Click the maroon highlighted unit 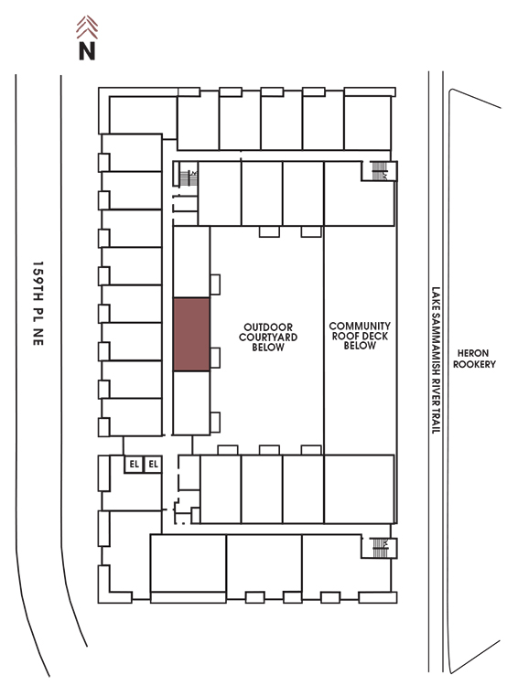tap(191, 335)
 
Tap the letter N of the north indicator tap(87, 50)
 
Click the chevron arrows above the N tap(87, 27)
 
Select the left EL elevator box tap(134, 464)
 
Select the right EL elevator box tap(153, 464)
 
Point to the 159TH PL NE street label tap(38, 304)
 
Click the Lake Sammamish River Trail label tap(436, 360)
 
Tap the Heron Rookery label tap(474, 359)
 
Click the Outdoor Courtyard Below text tap(268, 338)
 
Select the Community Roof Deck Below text tap(360, 336)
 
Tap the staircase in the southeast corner tap(379, 548)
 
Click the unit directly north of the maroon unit tap(191, 263)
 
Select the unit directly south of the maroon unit tap(191, 403)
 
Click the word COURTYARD tap(268, 338)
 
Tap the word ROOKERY tap(474, 364)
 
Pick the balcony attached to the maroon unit tap(215, 358)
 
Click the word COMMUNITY tap(360, 326)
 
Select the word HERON tap(473, 353)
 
